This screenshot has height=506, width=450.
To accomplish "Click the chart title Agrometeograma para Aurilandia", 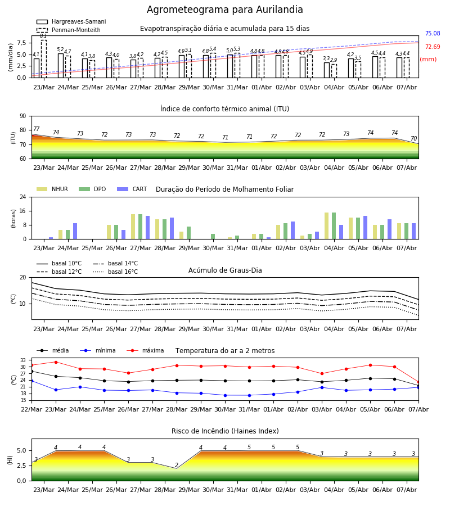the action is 224,10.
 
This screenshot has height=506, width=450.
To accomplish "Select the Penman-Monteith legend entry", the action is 69,30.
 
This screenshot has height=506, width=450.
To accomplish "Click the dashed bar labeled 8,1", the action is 43,58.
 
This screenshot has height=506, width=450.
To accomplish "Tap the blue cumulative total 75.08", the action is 433,33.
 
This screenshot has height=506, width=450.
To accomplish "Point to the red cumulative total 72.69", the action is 433,47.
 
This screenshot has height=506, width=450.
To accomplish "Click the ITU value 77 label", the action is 36,129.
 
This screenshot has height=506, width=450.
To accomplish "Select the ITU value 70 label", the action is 413,138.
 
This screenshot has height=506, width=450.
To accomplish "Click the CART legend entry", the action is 132,189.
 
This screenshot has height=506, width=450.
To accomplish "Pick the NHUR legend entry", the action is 52,189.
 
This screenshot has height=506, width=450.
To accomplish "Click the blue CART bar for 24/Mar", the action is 75,231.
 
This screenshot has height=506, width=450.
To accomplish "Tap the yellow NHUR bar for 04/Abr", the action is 326,226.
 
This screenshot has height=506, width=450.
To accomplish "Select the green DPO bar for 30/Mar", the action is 213,237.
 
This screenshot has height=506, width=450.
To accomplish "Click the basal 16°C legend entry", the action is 115,272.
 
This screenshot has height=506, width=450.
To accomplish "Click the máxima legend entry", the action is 145,350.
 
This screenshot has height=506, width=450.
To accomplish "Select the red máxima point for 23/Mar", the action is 56,362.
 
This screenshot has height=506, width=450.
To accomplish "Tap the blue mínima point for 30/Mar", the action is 226,395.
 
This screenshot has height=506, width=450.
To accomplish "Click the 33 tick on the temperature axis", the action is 23,360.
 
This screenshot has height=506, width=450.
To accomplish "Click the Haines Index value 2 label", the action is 177,465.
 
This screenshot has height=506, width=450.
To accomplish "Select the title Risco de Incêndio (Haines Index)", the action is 225,431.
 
